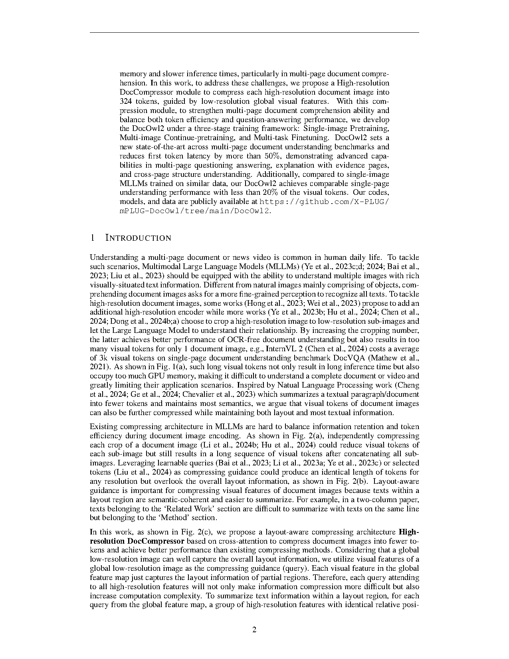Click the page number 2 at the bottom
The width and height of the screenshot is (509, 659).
pos(254,630)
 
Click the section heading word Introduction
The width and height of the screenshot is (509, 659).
pos(138,238)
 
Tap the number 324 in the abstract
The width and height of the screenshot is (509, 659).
pos(127,101)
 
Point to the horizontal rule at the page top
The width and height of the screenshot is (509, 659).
pos(254,33)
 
